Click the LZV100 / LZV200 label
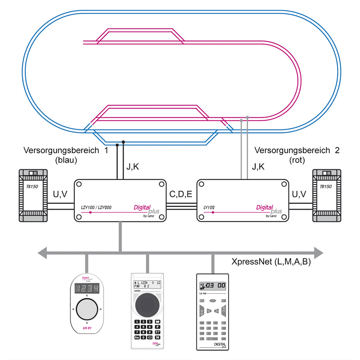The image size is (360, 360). [96, 207]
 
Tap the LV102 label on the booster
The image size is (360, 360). [209, 207]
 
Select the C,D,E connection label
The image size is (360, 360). [181, 194]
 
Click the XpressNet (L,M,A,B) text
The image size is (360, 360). [271, 262]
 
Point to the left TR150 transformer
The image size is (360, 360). [33, 195]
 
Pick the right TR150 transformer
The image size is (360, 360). [327, 195]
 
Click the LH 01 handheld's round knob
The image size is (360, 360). [87, 309]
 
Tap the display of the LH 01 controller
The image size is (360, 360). [87, 288]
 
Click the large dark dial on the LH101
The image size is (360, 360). [147, 305]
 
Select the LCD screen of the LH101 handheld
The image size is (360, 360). [147, 284]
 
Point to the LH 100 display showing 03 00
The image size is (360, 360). [213, 286]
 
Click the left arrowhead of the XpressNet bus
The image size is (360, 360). [42, 253]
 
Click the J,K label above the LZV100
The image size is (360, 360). [133, 167]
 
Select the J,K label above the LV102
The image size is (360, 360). [258, 167]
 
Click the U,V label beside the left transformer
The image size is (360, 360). [60, 194]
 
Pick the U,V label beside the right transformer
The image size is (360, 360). [299, 194]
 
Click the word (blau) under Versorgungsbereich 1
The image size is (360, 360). [66, 160]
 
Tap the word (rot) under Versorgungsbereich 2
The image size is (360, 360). [297, 160]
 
